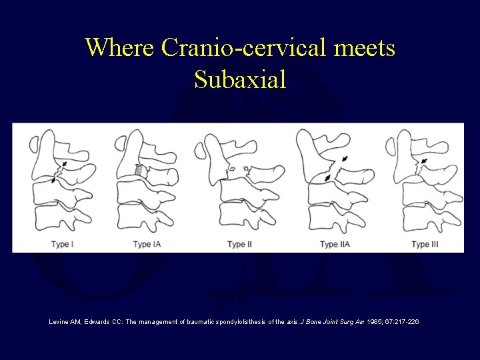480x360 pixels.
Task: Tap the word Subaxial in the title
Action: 240,80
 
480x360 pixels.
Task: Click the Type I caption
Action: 62,245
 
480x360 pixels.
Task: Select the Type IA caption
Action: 147,245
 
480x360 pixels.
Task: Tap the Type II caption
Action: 239,245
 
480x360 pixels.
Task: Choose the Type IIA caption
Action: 334,245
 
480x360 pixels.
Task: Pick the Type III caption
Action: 425,245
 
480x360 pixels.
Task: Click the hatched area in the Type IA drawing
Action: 139,171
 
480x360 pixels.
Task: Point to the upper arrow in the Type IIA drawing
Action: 344,159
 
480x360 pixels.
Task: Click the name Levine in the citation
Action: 59,322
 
